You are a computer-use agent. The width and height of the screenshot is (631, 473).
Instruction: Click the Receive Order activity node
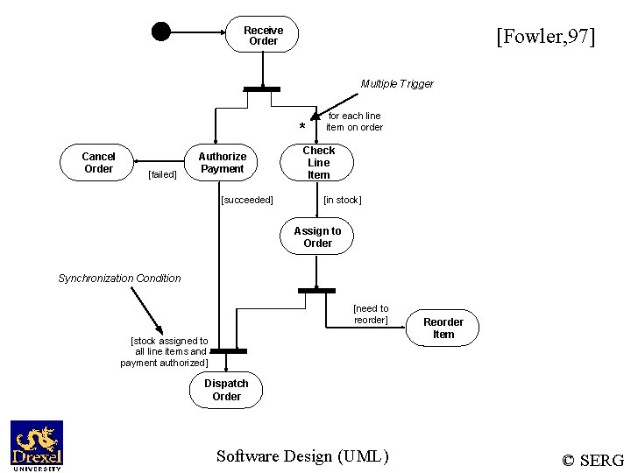pyautogui.click(x=263, y=36)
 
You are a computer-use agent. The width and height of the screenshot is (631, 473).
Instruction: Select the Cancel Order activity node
pyautogui.click(x=98, y=163)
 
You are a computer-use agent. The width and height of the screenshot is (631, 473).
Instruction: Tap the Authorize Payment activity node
pyautogui.click(x=222, y=163)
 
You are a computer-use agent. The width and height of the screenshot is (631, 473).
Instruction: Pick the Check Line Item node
pyautogui.click(x=318, y=163)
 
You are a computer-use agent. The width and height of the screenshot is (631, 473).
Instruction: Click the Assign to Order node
pyautogui.click(x=317, y=237)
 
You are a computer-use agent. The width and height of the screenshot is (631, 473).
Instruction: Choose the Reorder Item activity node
pyautogui.click(x=443, y=328)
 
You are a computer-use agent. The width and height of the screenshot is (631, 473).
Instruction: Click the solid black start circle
pyautogui.click(x=160, y=32)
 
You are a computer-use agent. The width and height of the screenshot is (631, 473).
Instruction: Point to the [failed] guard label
pyautogui.click(x=162, y=174)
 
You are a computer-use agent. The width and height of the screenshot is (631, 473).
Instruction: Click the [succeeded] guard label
pyautogui.click(x=247, y=200)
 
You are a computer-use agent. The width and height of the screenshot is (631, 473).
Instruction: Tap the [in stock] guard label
pyautogui.click(x=342, y=200)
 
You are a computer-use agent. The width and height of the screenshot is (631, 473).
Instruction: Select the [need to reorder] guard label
pyautogui.click(x=371, y=314)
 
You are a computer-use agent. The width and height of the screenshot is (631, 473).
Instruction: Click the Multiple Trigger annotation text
pyautogui.click(x=397, y=84)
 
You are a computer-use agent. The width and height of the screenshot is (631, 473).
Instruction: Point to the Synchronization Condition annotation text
pyautogui.click(x=119, y=279)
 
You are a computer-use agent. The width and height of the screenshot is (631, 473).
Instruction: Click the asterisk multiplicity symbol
pyautogui.click(x=302, y=128)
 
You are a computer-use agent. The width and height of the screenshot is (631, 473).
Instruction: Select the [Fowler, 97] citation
pyautogui.click(x=545, y=37)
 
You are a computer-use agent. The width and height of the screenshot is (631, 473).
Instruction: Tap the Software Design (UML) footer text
pyautogui.click(x=302, y=455)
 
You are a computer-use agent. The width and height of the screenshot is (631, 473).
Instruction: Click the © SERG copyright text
pyautogui.click(x=592, y=460)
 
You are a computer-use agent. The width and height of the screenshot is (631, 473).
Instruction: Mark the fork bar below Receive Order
pyautogui.click(x=262, y=88)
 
